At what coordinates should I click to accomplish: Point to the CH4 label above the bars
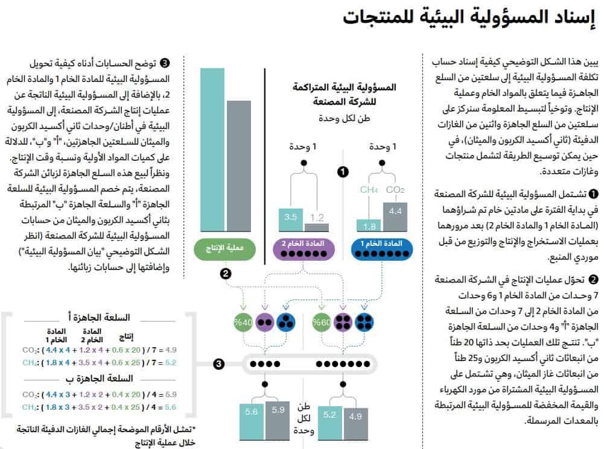point(369,190)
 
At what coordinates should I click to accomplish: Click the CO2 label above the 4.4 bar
point(395,190)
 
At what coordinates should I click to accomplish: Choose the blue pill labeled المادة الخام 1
point(381,248)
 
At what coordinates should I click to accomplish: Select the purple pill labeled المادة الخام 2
point(305,248)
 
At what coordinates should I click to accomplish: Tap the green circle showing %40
point(244,322)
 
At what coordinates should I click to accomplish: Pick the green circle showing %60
point(321,322)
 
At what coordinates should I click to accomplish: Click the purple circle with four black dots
point(343,322)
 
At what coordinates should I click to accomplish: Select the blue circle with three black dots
point(285,322)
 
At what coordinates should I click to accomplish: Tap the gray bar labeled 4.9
point(355,424)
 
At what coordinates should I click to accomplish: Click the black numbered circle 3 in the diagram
point(219,364)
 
